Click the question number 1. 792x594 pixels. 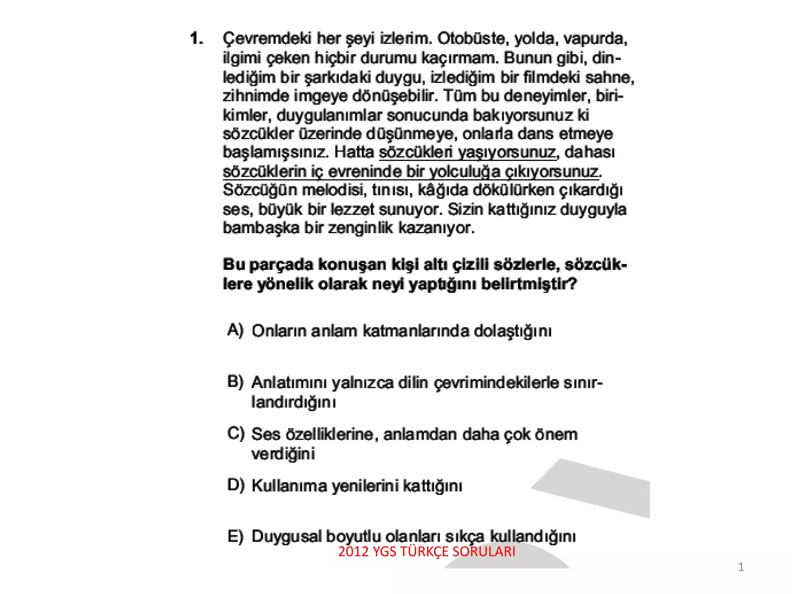coord(196,39)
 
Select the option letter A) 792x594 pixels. coord(235,330)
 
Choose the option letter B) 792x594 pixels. coord(235,382)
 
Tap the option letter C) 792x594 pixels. coord(236,433)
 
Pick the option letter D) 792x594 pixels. coord(236,485)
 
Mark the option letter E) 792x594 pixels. coord(235,536)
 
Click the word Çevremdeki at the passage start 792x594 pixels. coord(267,39)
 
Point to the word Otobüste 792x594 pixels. coord(470,39)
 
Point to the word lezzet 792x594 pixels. coord(352,209)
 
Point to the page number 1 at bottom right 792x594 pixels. coord(741,567)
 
